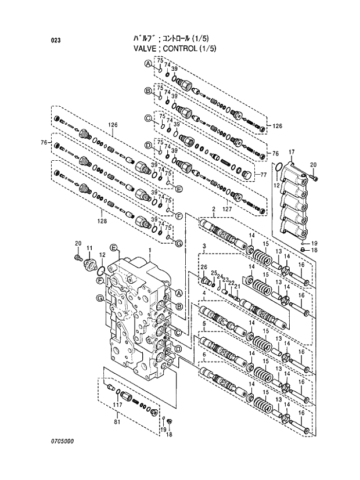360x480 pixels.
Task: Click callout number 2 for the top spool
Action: pos(214,209)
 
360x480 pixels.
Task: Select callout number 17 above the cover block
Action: pos(291,152)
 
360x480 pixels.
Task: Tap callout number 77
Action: pos(262,174)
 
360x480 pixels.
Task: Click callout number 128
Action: pos(102,221)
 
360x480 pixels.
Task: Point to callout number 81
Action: pos(117,414)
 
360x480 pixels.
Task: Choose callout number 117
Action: pos(117,404)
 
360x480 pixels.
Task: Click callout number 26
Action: pos(204,267)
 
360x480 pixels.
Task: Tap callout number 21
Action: pos(237,286)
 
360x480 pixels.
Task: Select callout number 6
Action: pos(204,353)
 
